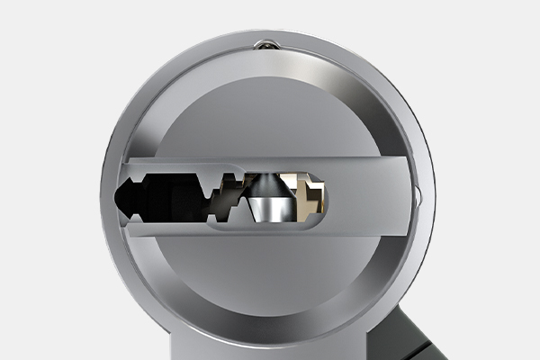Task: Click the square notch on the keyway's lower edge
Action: pyautogui.click(x=210, y=218)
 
